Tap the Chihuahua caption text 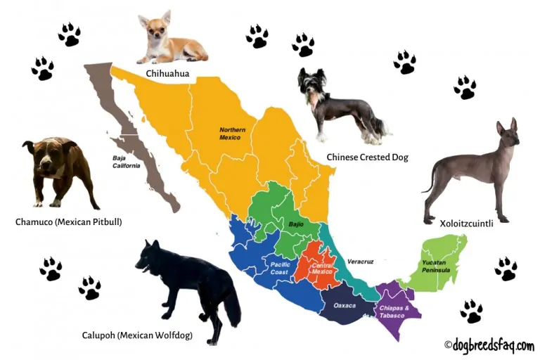click(x=167, y=73)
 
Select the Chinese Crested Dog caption click(x=367, y=157)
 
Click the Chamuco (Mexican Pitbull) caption click(x=69, y=222)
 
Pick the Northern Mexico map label click(x=231, y=134)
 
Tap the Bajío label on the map click(x=296, y=224)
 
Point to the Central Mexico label click(x=321, y=267)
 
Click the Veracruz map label click(x=359, y=262)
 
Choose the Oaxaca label click(x=345, y=305)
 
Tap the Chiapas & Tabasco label click(x=395, y=311)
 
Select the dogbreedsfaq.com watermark click(x=489, y=345)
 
